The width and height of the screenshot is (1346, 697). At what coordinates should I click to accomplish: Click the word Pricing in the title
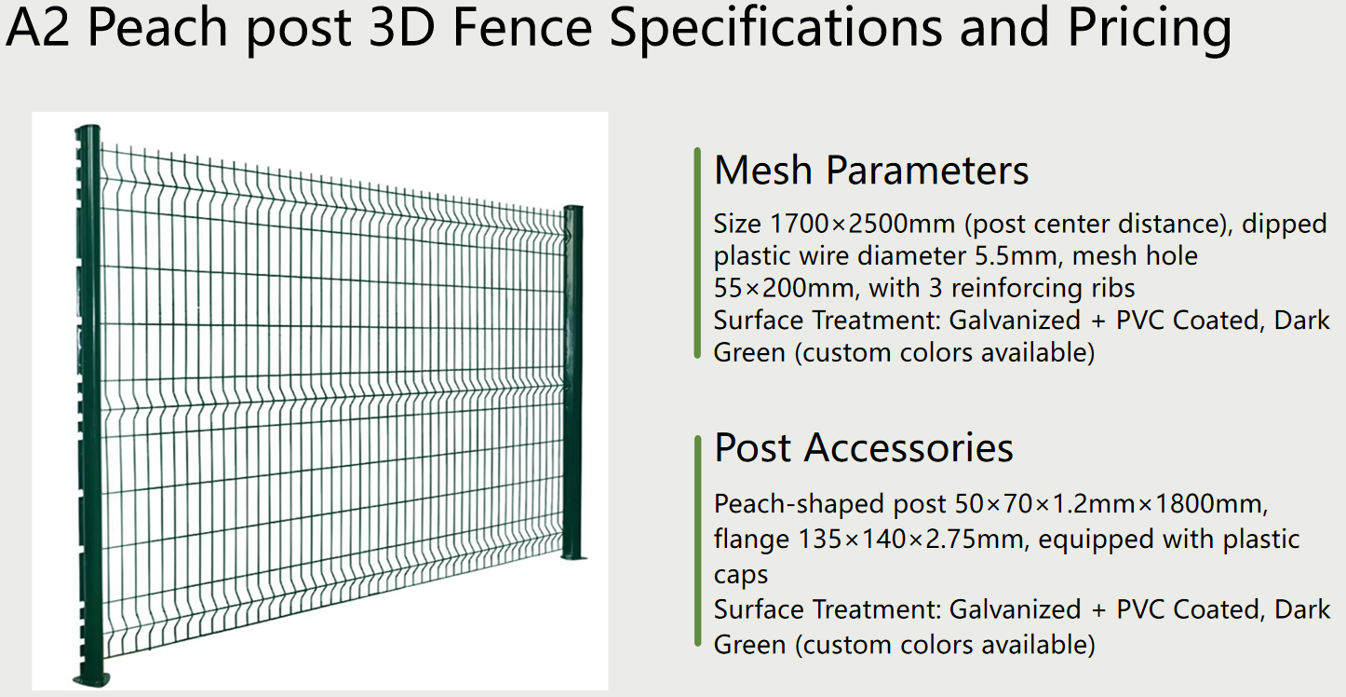point(1150,28)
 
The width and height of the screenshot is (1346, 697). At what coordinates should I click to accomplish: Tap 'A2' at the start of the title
point(37,27)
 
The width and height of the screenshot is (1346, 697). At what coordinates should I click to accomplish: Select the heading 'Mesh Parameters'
point(871,171)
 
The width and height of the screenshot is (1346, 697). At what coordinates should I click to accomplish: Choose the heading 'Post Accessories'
point(864,448)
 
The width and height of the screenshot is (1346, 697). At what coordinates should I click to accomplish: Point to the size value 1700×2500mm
point(862,225)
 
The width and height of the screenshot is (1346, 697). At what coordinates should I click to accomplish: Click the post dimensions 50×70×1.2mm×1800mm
point(1111,504)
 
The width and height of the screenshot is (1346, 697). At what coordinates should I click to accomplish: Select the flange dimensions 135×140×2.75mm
point(909,540)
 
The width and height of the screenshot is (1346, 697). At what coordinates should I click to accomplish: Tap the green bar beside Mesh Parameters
point(697,253)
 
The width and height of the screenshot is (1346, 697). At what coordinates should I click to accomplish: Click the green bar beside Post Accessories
point(697,541)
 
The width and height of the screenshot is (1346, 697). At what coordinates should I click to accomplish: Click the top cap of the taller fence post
point(87,130)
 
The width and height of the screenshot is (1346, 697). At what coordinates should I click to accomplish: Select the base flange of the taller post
point(92,680)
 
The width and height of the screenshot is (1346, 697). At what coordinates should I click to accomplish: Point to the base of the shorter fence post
point(573,557)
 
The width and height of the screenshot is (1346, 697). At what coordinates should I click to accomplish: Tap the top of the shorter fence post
point(573,209)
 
